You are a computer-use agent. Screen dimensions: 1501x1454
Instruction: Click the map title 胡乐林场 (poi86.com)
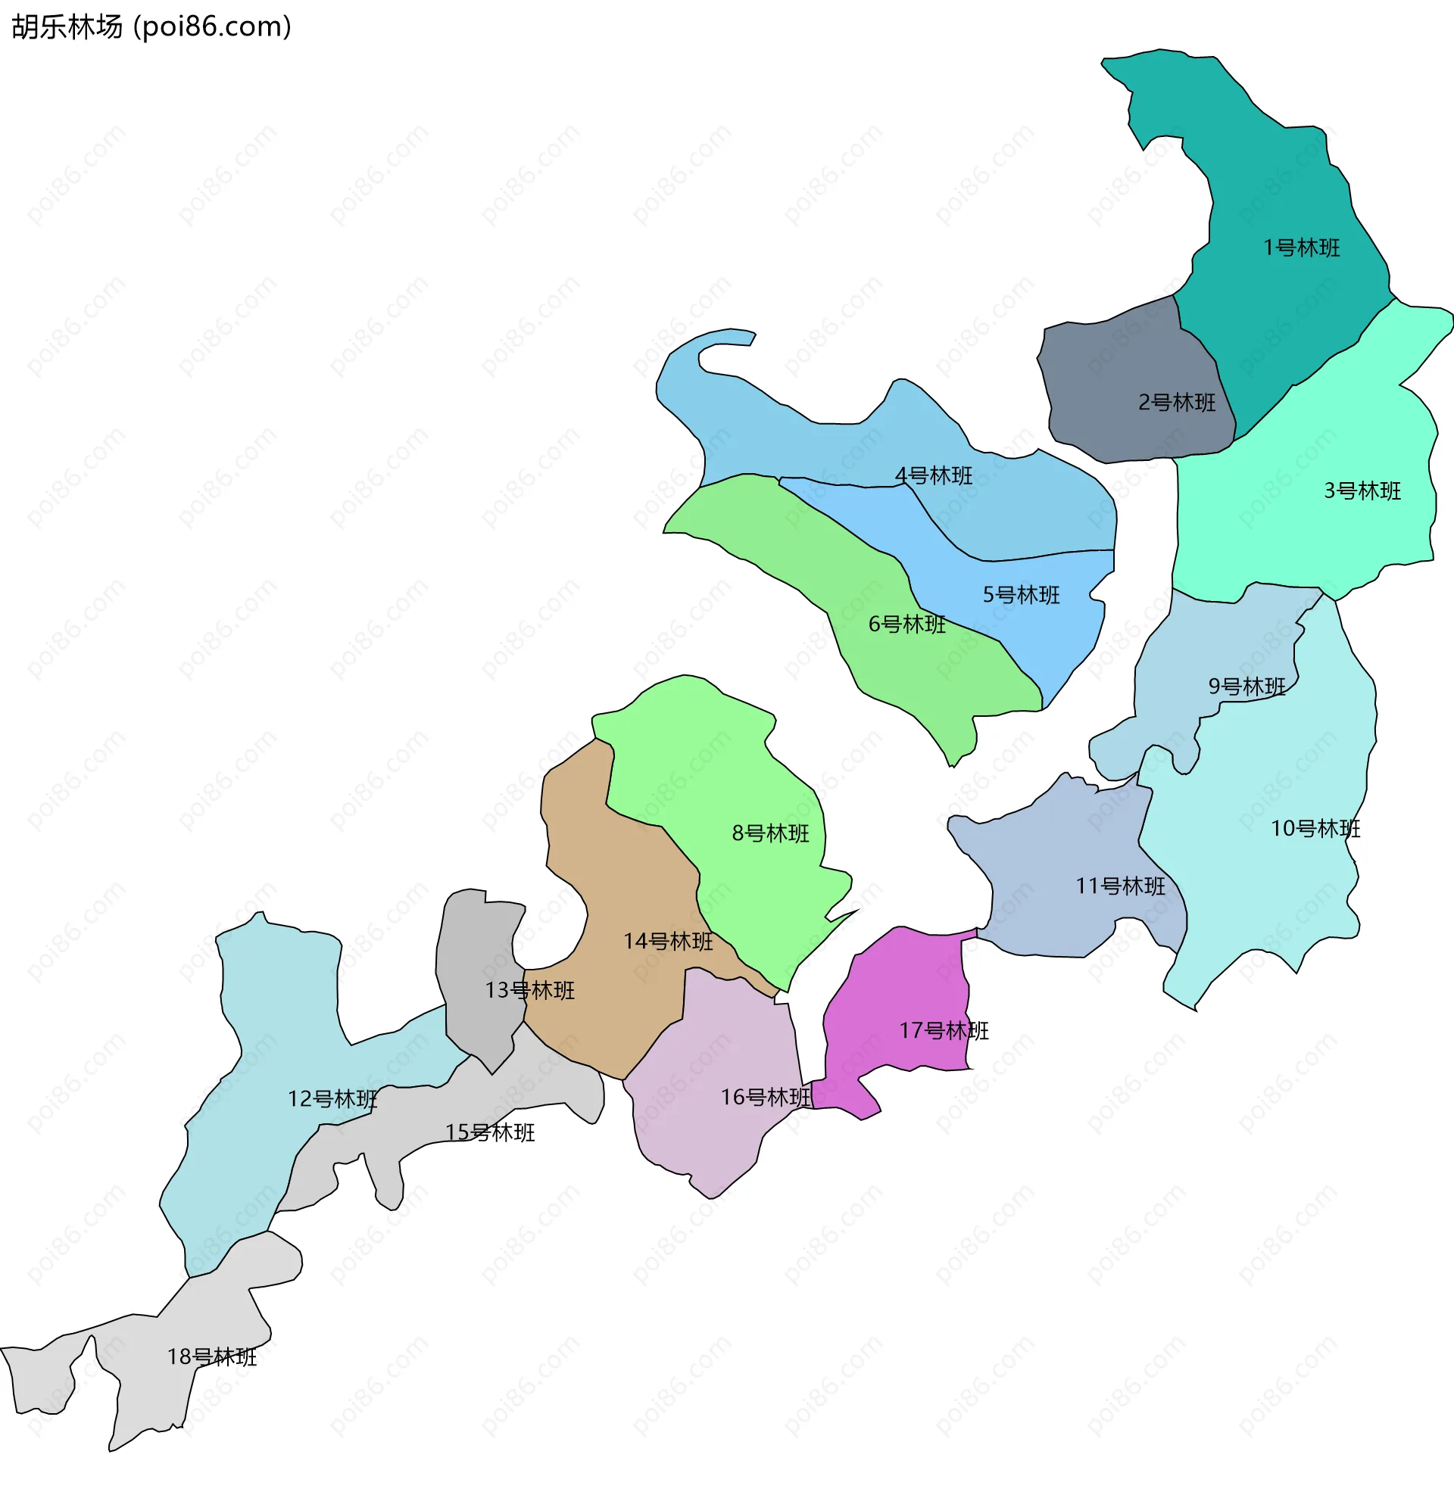[151, 27]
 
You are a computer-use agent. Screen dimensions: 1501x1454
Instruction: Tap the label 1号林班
[1301, 248]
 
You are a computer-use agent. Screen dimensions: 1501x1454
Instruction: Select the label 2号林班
[1177, 403]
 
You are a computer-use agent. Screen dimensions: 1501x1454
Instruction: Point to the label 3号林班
[1362, 491]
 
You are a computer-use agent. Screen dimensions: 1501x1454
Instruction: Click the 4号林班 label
[933, 475]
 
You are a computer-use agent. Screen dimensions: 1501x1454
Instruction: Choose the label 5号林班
[1021, 595]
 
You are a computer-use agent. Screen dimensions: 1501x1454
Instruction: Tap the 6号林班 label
[906, 624]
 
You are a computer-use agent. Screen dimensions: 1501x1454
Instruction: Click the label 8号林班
[770, 833]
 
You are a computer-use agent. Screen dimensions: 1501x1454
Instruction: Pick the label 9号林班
[1247, 687]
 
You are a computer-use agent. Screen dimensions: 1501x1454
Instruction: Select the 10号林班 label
[1315, 829]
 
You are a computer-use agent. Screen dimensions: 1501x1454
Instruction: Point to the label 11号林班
[1120, 886]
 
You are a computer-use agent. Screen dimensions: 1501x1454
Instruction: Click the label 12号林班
[332, 1099]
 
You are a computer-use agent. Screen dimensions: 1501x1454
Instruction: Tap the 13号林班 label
[529, 990]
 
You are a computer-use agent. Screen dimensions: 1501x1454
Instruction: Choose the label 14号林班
[668, 941]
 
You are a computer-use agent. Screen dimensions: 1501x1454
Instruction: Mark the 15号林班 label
[489, 1132]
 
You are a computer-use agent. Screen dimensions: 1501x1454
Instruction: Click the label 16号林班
[766, 1098]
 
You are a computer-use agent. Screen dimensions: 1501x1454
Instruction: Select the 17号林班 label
[944, 1031]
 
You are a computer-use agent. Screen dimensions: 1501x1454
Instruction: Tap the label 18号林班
[211, 1357]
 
